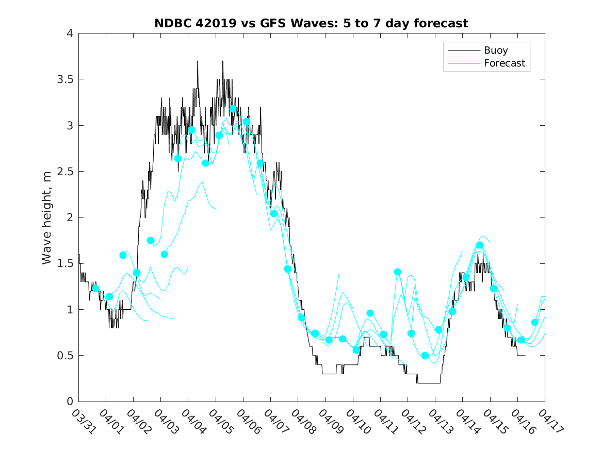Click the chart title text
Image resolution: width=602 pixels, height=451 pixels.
[311, 23]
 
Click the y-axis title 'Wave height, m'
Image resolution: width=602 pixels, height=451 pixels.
[47, 218]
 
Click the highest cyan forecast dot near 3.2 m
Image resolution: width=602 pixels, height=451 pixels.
[233, 109]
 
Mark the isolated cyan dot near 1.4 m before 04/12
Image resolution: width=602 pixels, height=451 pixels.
[398, 272]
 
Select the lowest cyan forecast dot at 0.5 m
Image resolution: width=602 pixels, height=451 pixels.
[425, 356]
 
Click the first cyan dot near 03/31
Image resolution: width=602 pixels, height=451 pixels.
[95, 289]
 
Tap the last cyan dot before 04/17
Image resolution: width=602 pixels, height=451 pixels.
[534, 322]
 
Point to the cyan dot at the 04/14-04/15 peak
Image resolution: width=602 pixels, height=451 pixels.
[480, 245]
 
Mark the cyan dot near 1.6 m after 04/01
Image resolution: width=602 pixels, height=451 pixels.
[123, 255]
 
